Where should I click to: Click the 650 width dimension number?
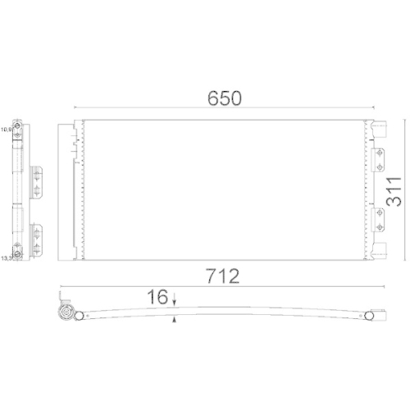pos(224,98)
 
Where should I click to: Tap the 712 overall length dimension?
pos(224,276)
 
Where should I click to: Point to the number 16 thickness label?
pos(159,297)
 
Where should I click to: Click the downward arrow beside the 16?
pos(175,299)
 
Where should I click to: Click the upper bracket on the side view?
pos(37,181)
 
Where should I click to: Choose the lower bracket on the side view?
pos(37,236)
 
